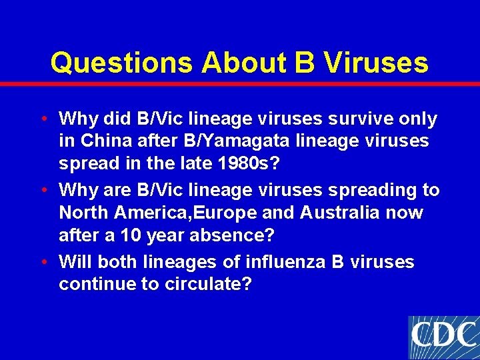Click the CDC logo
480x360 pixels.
(x=443, y=337)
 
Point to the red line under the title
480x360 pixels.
(x=240, y=84)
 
